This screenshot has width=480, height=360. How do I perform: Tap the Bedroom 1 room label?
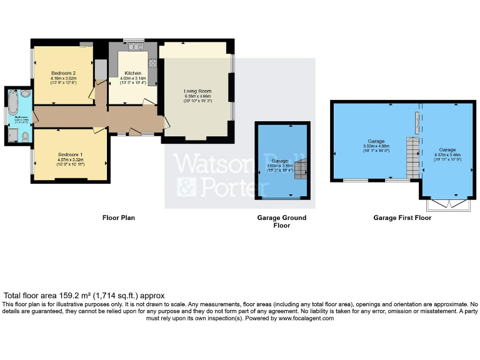pos(70,154)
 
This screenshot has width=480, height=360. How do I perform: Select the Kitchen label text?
pos(132,73)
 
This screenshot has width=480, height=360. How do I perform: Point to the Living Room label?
pos(197,92)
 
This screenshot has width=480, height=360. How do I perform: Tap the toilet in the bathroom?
pos(24,137)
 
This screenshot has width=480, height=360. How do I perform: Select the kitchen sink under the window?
pos(133,46)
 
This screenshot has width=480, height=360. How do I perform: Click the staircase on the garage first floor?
pos(411,156)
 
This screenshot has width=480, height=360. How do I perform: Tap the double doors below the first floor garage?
pos(447,204)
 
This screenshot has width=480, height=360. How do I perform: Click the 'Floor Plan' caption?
pos(119,218)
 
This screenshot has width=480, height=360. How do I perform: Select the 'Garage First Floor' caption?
pos(402,218)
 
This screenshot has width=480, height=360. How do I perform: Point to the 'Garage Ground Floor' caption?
pos(282,222)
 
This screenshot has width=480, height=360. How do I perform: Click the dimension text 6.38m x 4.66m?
pos(197,96)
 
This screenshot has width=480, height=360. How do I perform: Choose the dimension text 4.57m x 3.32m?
pos(71,160)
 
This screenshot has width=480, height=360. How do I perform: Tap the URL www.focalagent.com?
pos(305,318)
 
